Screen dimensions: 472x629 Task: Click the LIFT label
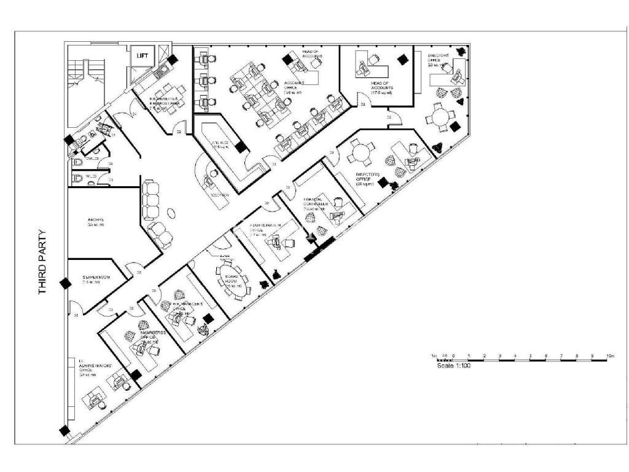point(143,56)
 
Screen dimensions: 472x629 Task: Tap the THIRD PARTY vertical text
point(42,262)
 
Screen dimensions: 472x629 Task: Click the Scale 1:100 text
point(453,366)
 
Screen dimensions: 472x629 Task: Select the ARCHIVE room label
point(96,222)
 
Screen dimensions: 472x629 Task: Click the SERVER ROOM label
point(96,280)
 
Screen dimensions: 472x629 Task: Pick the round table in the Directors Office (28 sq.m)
point(361,151)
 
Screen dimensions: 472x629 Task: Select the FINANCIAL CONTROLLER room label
point(318,204)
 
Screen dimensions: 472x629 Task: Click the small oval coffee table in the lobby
point(172,212)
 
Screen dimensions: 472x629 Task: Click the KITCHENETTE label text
point(165,101)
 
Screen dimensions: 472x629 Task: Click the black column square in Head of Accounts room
point(403,60)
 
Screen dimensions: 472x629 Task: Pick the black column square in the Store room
point(241,147)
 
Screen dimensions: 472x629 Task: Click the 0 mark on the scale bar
point(453,356)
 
